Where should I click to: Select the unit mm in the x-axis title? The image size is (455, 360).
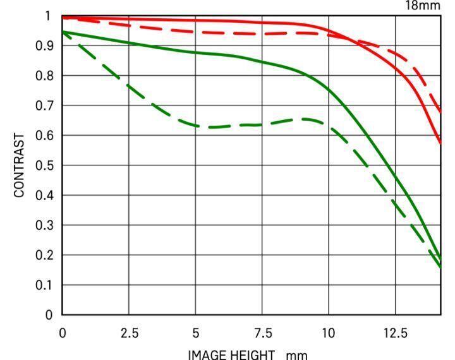296,355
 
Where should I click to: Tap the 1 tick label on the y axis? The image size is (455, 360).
50,16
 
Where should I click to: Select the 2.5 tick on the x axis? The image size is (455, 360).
129,332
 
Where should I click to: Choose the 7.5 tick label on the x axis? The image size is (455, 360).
262,332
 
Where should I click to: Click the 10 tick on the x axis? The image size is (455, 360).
329,332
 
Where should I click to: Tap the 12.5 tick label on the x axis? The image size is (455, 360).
395,332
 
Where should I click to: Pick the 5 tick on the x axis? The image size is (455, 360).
196,332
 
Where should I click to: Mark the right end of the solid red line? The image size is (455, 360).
440,143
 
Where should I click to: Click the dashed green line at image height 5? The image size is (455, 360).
196,126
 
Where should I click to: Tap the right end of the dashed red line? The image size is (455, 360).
440,112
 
